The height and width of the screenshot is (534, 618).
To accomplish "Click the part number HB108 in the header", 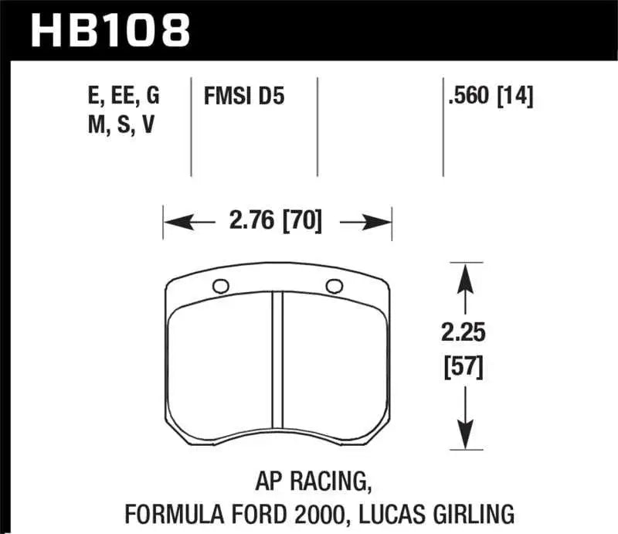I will point(109,30).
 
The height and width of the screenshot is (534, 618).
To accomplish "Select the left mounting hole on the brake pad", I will point(220,286).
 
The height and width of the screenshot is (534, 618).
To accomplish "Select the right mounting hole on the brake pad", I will point(334,286).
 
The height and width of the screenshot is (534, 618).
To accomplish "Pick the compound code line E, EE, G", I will point(124,97).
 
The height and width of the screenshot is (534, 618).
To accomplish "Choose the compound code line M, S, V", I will point(121,125).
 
